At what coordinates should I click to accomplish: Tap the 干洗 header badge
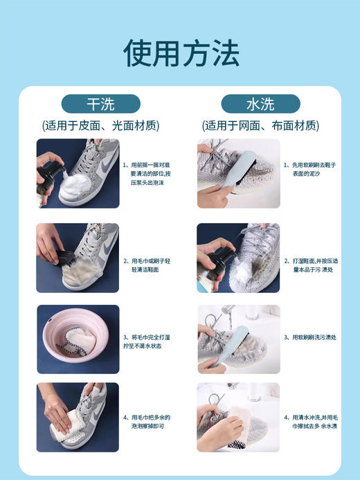pos(101,104)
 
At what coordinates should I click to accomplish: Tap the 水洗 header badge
pos(260,104)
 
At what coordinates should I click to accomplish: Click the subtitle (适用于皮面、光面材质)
pos(101,126)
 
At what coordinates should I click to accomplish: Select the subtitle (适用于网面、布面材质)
pos(260,126)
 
